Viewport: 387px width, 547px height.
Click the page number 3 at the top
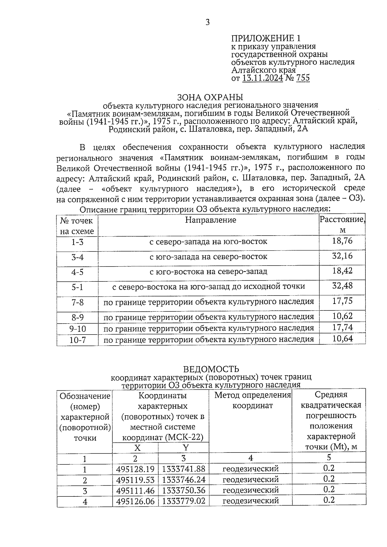point(208,23)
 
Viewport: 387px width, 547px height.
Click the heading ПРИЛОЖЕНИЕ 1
point(266,38)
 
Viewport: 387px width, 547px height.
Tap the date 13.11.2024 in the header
point(263,78)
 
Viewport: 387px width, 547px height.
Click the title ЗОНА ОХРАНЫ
point(210,97)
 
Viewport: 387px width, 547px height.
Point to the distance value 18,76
point(342,241)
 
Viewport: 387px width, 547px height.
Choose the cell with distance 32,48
point(342,286)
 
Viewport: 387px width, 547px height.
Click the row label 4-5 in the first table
point(77,272)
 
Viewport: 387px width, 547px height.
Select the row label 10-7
point(77,340)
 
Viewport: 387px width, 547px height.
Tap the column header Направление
point(210,220)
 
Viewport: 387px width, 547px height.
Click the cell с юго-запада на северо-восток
point(208,257)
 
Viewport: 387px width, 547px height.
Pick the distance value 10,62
point(342,316)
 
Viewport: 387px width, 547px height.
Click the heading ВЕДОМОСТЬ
point(211,369)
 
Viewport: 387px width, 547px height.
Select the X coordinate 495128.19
point(135,469)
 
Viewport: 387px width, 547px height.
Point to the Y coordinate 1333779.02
point(184,501)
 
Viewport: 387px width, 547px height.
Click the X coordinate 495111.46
point(135,491)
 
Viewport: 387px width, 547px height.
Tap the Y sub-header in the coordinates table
point(185,447)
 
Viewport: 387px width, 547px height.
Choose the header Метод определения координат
point(253,400)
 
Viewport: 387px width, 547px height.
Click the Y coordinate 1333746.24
point(184,480)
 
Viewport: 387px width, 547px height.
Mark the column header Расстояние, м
point(342,225)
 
